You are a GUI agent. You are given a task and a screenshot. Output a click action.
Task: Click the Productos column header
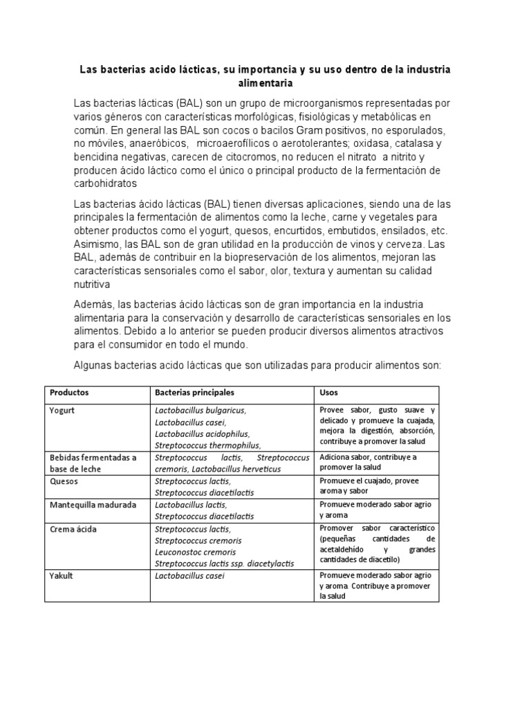tap(69, 392)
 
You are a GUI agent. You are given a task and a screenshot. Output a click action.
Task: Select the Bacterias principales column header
tap(195, 392)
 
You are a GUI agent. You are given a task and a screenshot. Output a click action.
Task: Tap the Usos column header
tap(328, 392)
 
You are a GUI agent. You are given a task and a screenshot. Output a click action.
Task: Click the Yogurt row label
tap(62, 410)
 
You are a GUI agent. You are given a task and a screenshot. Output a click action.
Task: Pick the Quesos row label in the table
tap(64, 481)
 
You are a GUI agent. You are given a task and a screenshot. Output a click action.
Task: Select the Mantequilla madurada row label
tap(93, 505)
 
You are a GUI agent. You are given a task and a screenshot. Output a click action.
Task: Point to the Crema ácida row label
tap(73, 529)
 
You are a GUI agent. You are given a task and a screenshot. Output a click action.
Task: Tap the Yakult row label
tap(62, 575)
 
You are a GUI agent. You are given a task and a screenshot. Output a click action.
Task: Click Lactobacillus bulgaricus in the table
tap(201, 410)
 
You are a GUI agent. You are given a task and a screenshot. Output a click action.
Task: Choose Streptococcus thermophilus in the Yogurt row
tap(208, 445)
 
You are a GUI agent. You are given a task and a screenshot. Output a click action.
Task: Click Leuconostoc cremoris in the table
tap(196, 553)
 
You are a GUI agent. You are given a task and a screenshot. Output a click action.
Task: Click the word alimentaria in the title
tap(265, 83)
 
